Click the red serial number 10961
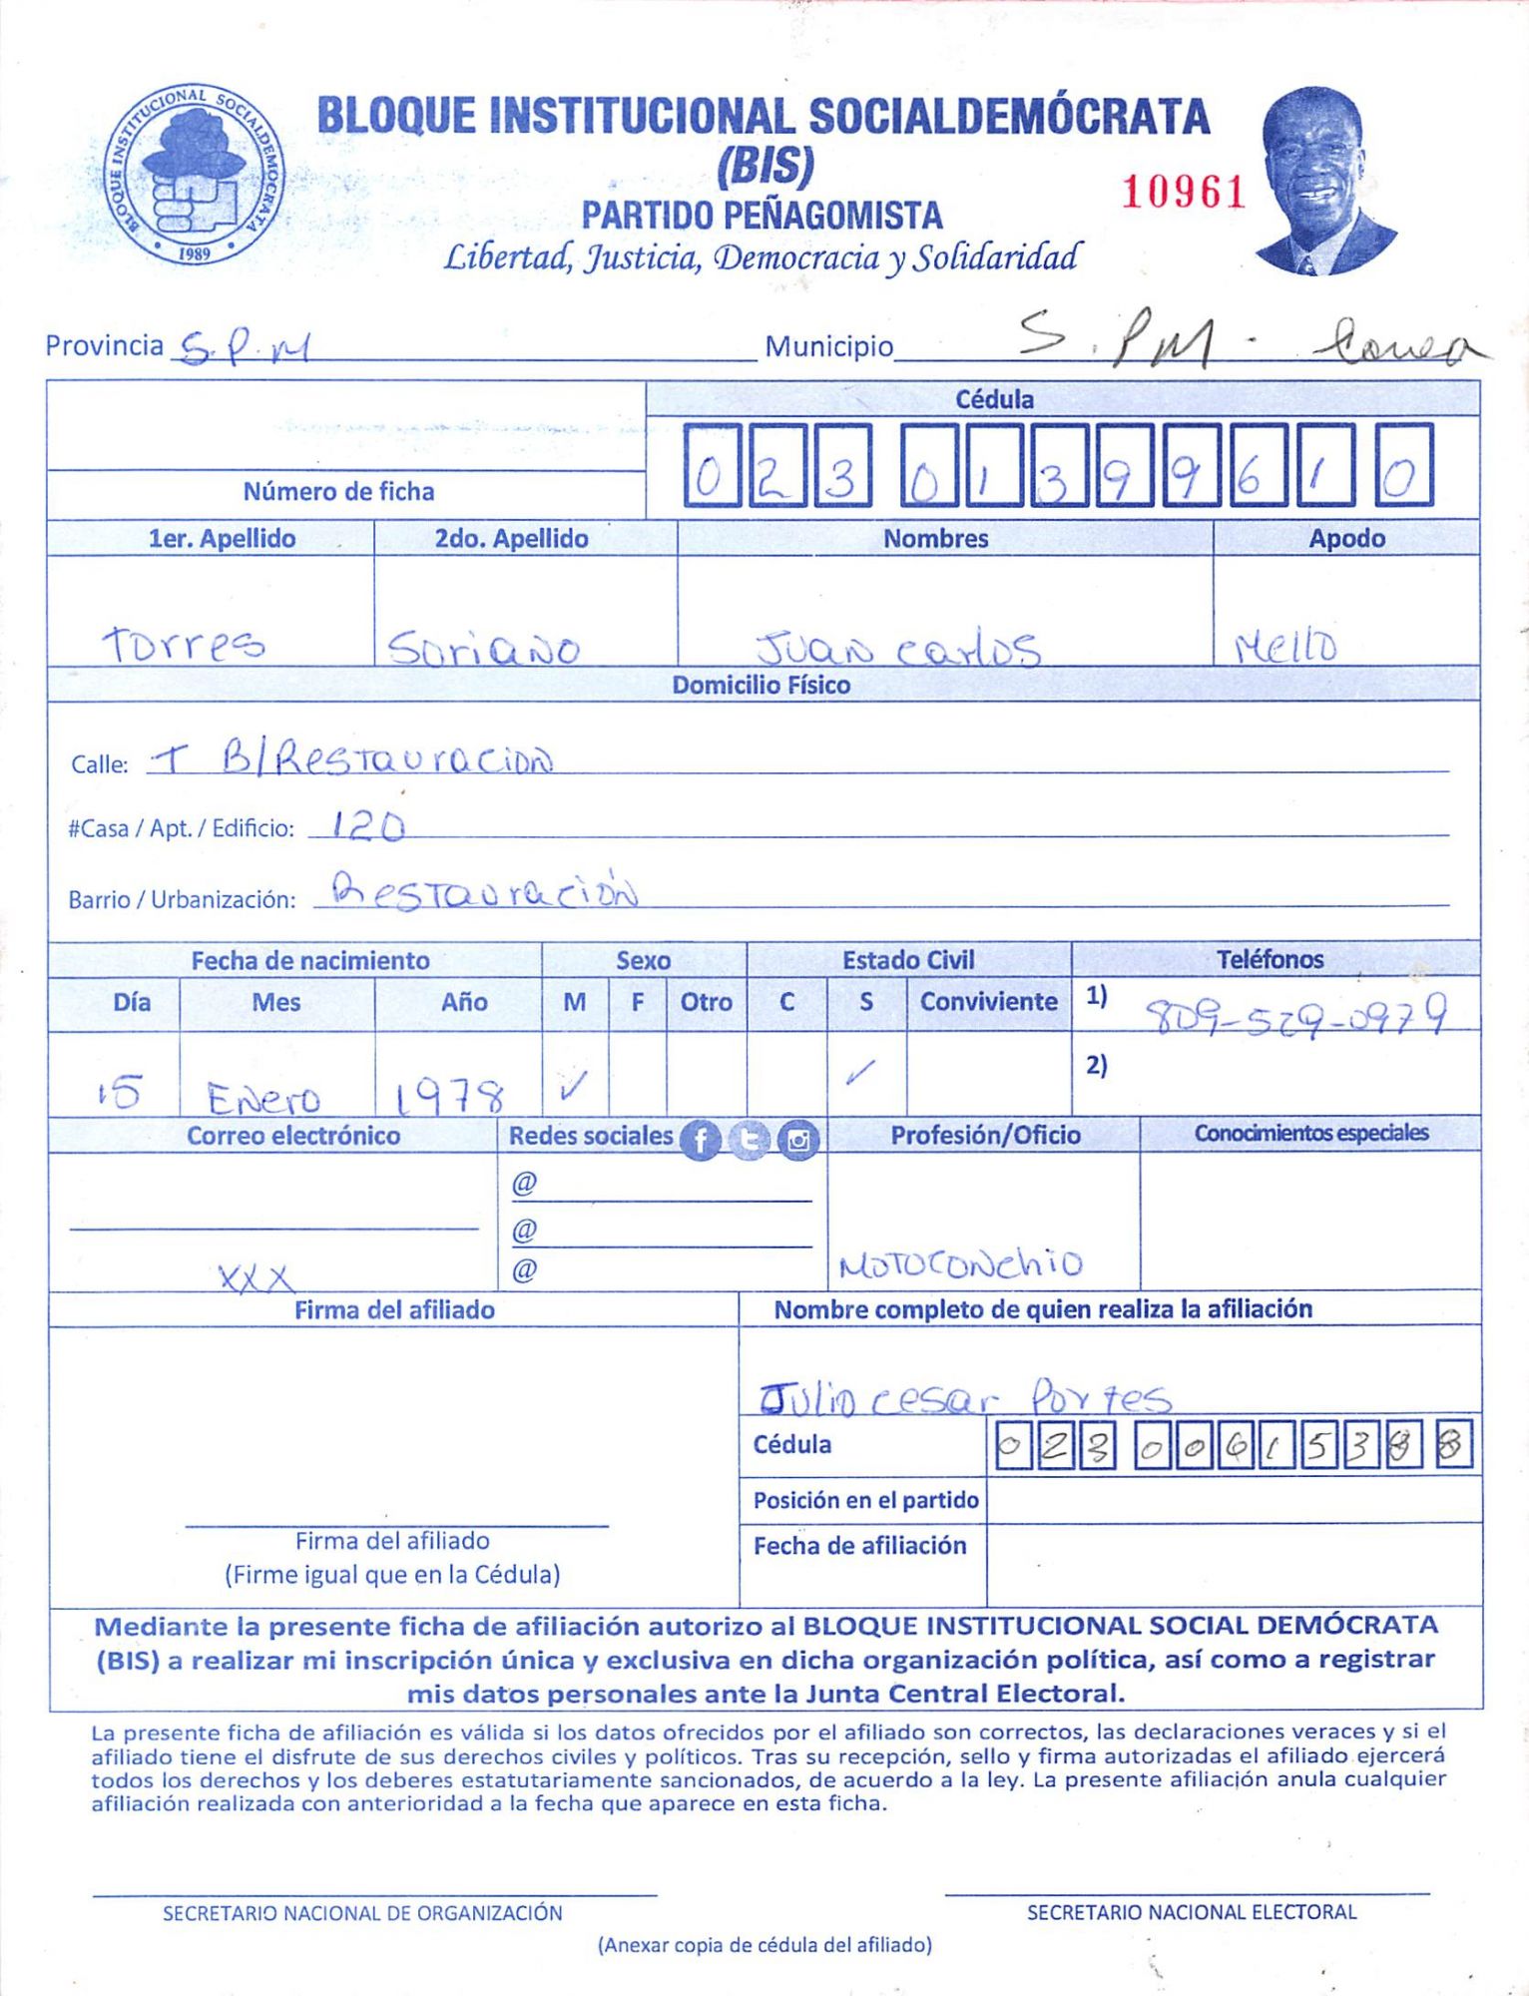pyautogui.click(x=1184, y=192)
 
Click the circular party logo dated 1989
pyautogui.click(x=194, y=174)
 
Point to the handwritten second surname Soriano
pyautogui.click(x=483, y=649)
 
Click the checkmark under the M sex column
pyautogui.click(x=574, y=1083)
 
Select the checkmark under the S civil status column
pyautogui.click(x=859, y=1073)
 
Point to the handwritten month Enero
pyautogui.click(x=263, y=1099)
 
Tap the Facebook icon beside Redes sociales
pyautogui.click(x=701, y=1140)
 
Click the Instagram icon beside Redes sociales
pyautogui.click(x=798, y=1140)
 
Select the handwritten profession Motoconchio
pyautogui.click(x=960, y=1265)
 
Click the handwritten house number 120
pyautogui.click(x=367, y=825)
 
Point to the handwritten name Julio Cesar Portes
pyautogui.click(x=964, y=1398)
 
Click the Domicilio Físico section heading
pyautogui.click(x=761, y=686)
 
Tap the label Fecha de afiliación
pyautogui.click(x=859, y=1546)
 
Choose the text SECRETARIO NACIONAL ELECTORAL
pyautogui.click(x=1191, y=1912)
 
